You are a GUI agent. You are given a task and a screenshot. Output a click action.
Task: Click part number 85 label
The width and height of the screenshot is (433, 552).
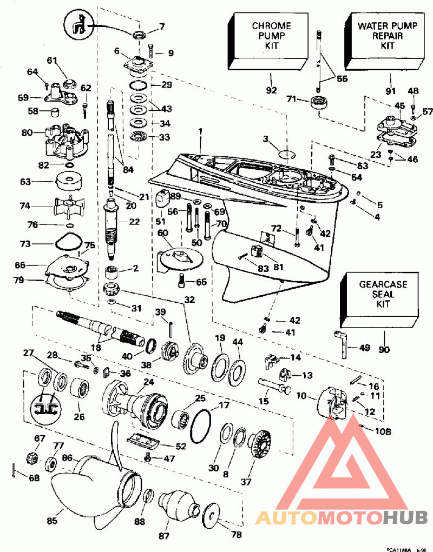[x=52, y=521]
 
